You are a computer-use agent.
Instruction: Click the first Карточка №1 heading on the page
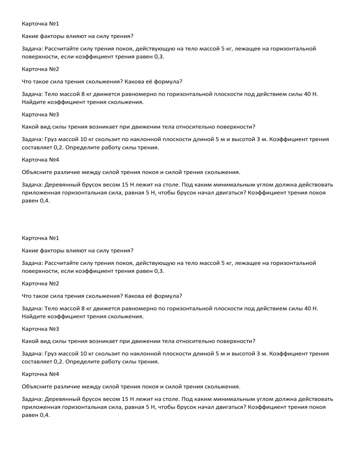(x=40, y=23)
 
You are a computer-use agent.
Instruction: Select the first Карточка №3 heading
(x=40, y=114)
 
